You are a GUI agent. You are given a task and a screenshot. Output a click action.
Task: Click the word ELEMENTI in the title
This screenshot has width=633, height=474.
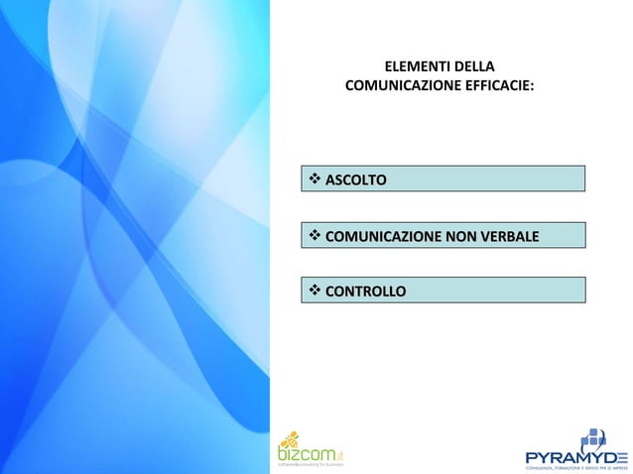(x=411, y=67)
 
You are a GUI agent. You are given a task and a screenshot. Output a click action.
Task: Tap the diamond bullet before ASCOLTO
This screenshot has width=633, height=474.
(x=315, y=179)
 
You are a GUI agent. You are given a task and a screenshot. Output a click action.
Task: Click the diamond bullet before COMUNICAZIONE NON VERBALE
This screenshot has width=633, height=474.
(x=315, y=236)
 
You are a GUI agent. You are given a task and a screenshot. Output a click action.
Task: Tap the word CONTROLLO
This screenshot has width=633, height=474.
(x=365, y=292)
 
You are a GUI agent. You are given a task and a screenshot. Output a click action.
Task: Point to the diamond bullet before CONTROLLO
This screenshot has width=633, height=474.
(x=315, y=292)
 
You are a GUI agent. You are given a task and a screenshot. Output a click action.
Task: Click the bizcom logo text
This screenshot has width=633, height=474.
(x=304, y=453)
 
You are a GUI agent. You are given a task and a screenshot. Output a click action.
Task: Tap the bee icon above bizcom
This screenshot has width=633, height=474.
(x=289, y=437)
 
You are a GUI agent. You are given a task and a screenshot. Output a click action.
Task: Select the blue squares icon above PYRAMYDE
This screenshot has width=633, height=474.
(x=592, y=437)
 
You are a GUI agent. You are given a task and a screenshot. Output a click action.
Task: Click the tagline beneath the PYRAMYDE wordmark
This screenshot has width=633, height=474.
(x=576, y=467)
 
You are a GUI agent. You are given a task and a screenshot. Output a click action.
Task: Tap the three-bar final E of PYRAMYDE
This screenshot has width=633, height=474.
(x=620, y=456)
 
